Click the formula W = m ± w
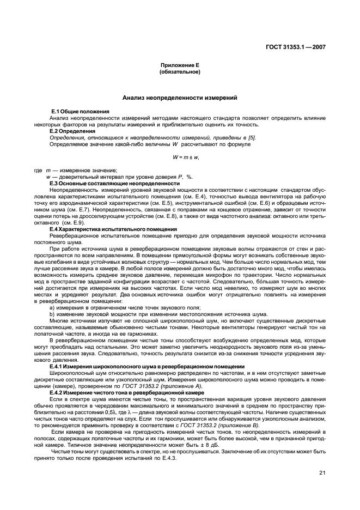[185, 157]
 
